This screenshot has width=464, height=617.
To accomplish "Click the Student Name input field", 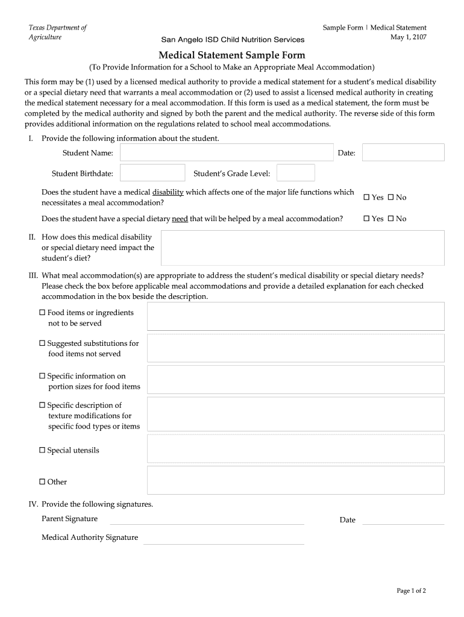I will point(227,153).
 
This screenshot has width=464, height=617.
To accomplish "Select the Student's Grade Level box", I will point(295,174).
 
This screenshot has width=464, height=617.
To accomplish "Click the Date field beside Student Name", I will point(403,153).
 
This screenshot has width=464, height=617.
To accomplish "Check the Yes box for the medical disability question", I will point(367,197).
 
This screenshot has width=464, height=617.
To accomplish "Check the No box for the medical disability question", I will point(390,197).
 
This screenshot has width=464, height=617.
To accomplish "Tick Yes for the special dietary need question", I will point(367,219).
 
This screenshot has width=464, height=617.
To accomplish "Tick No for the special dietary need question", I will point(390,219).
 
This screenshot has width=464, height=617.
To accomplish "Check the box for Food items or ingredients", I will point(43,313).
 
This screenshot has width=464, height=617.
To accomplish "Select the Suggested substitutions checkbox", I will point(43,343).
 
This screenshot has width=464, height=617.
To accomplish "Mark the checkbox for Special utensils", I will point(43,450).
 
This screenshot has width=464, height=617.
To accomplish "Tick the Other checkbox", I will point(43,481).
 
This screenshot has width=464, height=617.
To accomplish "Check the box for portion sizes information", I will point(43,376).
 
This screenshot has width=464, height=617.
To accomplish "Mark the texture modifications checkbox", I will point(43,406).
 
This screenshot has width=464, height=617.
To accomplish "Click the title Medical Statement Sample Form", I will point(232,55).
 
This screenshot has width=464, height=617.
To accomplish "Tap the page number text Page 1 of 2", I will point(411,591).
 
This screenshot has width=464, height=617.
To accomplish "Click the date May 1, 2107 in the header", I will point(409,37).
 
